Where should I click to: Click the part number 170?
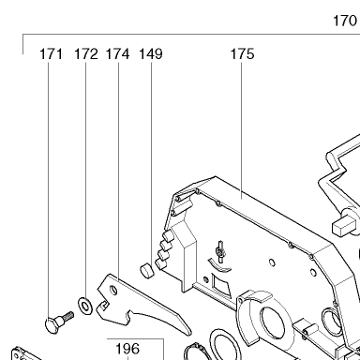(x=345, y=21)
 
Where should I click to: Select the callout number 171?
(x=51, y=53)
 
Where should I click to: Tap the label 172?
(x=86, y=53)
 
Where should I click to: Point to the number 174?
(x=117, y=53)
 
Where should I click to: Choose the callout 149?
(x=151, y=53)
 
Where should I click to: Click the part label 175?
(x=242, y=53)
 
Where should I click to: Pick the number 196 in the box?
(x=127, y=349)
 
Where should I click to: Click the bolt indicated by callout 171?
(x=59, y=321)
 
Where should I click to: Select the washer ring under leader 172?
(x=85, y=306)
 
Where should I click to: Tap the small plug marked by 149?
(x=146, y=270)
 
